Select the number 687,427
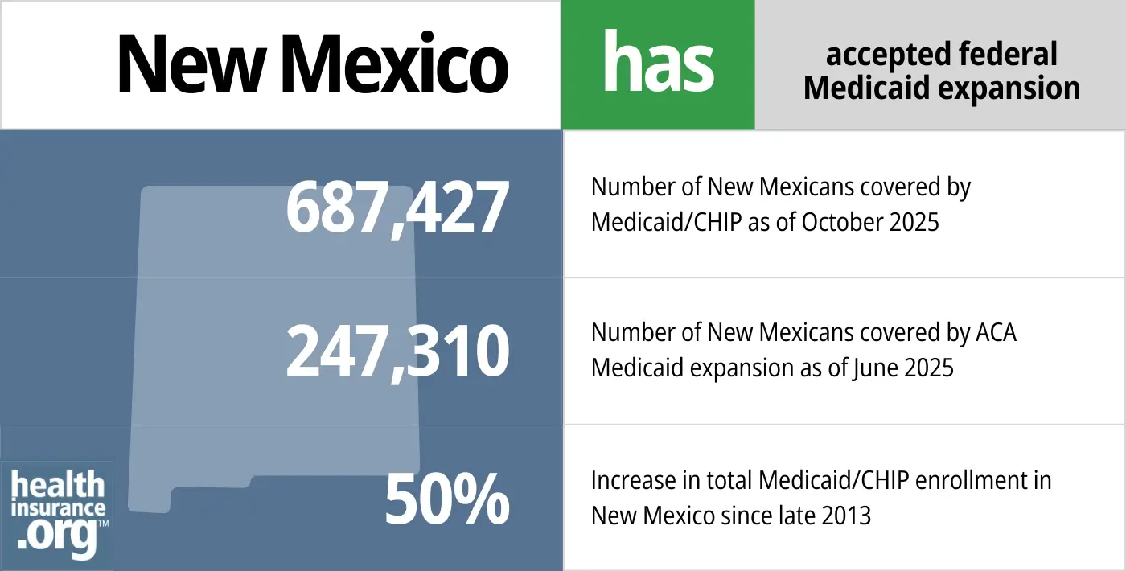(397, 207)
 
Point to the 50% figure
(447, 499)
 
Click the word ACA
(994, 332)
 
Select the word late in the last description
(795, 514)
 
